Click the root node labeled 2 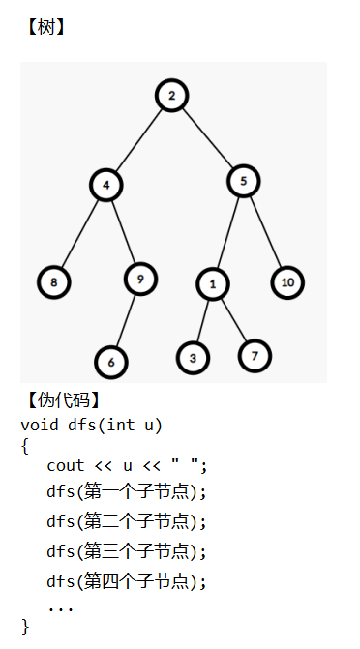(x=172, y=96)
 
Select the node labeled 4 (x=106, y=185)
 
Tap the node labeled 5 (x=244, y=181)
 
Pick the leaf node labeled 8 (x=54, y=282)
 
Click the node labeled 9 (x=140, y=279)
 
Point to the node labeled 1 (x=213, y=284)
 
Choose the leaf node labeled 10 (x=288, y=282)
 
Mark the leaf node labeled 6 (x=111, y=362)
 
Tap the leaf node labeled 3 (x=193, y=358)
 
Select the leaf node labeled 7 (x=255, y=356)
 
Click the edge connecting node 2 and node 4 (x=138, y=140)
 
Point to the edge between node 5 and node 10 (x=265, y=231)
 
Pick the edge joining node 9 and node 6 (x=126, y=321)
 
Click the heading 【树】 (x=45, y=28)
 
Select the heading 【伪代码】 (x=63, y=400)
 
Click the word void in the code (x=40, y=425)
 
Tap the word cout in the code (x=66, y=465)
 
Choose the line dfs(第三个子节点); (x=127, y=551)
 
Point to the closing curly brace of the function (x=25, y=627)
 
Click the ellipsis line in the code (x=60, y=608)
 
